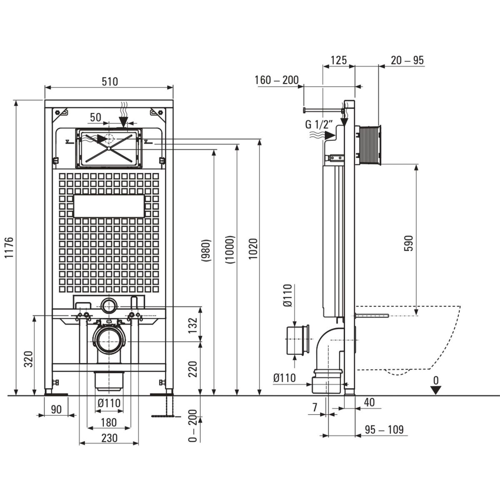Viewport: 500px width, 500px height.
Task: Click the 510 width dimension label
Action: pyautogui.click(x=109, y=82)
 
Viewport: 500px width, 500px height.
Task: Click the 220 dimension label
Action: pyautogui.click(x=192, y=368)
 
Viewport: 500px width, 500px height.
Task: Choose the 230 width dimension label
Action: pyautogui.click(x=109, y=438)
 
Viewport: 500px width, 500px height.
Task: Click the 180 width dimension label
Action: pyautogui.click(x=108, y=422)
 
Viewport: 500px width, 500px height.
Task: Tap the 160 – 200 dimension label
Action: pyautogui.click(x=277, y=80)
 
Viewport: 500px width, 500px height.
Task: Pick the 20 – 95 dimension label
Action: pyautogui.click(x=407, y=60)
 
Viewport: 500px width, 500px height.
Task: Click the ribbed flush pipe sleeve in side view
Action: pyautogui.click(x=369, y=142)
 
